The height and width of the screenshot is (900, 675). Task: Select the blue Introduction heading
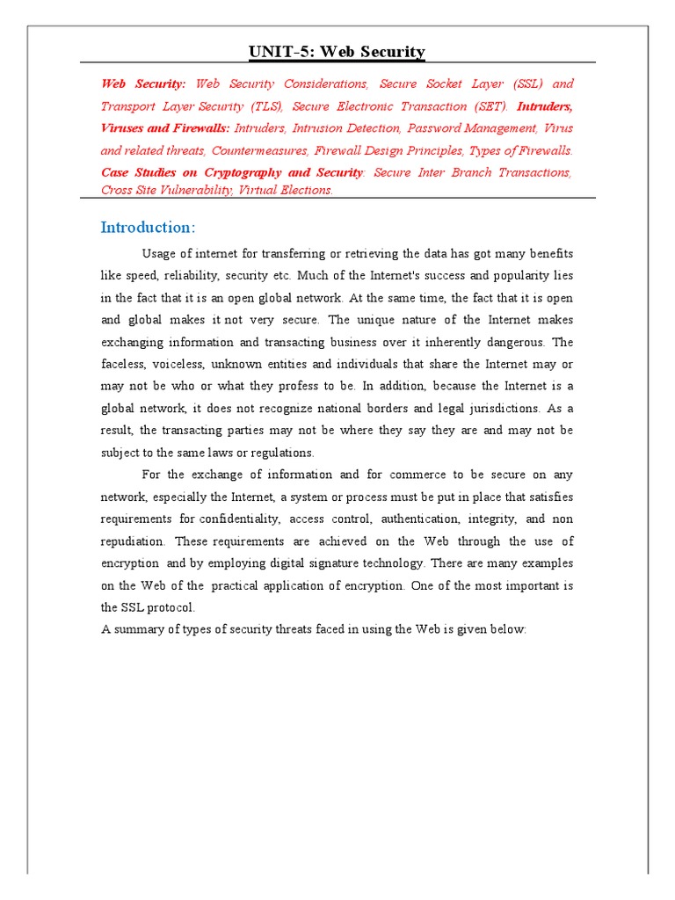(x=148, y=228)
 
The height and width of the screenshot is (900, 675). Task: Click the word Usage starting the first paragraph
(x=161, y=254)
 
